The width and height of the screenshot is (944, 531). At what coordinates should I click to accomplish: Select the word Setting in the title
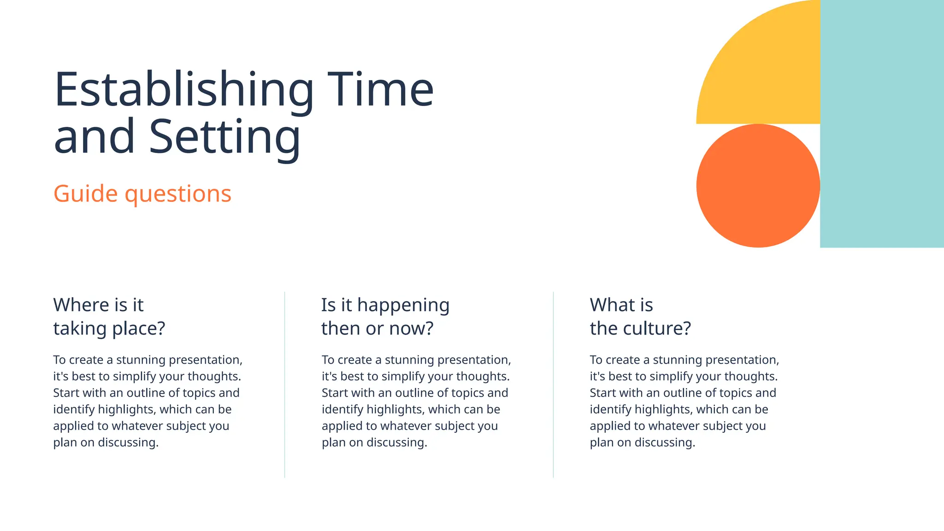224,137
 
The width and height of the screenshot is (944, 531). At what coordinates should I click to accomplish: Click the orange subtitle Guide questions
142,194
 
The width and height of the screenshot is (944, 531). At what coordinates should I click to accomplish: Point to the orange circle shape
758,186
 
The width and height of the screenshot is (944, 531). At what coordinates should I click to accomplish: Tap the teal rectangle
882,124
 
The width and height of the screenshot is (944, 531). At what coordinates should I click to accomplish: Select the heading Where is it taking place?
109,317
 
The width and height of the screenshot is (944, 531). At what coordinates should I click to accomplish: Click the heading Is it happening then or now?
385,317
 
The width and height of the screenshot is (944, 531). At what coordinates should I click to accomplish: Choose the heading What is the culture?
640,317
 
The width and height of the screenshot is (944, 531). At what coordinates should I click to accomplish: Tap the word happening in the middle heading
403,305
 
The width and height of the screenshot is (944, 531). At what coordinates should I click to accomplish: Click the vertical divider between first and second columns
285,384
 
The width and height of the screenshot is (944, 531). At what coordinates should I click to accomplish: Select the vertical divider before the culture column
553,384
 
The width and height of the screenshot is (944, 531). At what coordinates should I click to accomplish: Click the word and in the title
94,137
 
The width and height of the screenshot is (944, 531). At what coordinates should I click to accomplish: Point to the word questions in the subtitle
178,194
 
